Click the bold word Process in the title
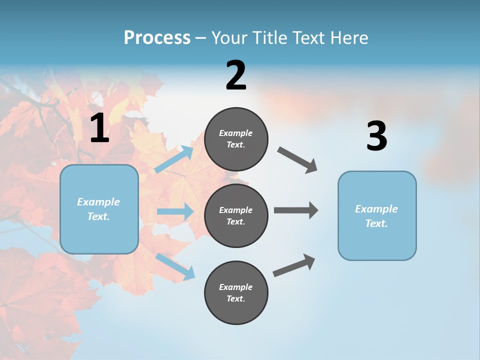coord(157,38)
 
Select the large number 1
coord(99,128)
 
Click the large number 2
coord(236,75)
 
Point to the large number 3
coord(376,136)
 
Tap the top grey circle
coord(236,139)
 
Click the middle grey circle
coord(236,215)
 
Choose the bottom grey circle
coord(236,292)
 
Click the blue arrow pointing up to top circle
coord(174,159)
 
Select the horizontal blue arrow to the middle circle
coord(175,211)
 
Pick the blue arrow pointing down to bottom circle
coord(175,266)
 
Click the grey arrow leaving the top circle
coord(297,159)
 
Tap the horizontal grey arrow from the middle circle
coord(295,210)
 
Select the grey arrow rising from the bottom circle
coord(294,265)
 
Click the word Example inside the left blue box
coord(98,202)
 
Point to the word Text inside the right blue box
coord(376,223)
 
